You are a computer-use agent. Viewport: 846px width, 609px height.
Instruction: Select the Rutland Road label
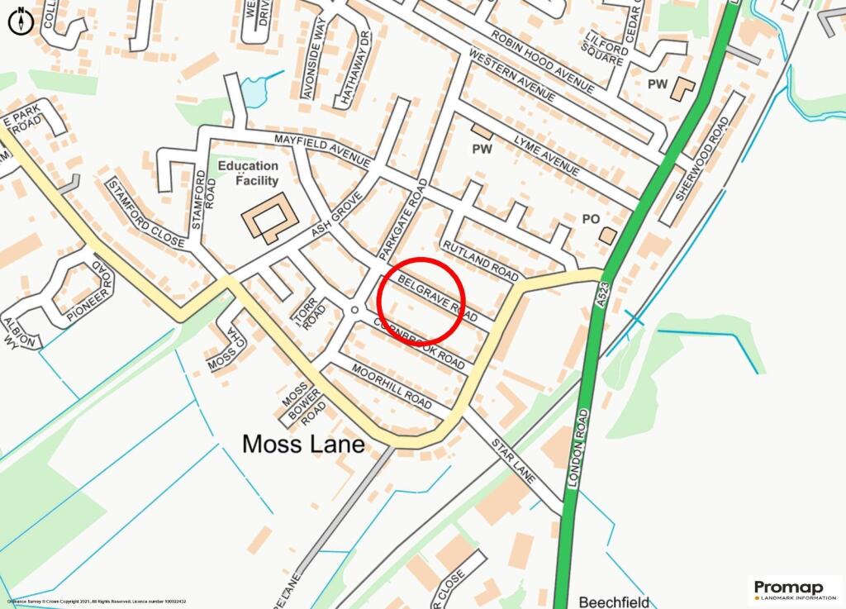(480, 260)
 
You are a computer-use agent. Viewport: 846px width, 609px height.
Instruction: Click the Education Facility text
(248, 173)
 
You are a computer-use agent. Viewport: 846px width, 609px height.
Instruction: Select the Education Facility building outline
(269, 217)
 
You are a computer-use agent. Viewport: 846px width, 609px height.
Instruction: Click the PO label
(590, 219)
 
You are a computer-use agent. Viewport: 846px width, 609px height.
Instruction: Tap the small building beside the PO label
(608, 236)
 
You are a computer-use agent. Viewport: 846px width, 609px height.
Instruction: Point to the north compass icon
(21, 21)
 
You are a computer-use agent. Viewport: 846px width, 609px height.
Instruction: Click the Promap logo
(794, 591)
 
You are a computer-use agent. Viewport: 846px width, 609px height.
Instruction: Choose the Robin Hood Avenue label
(542, 61)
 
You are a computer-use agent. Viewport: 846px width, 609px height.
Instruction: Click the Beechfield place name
(614, 602)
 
